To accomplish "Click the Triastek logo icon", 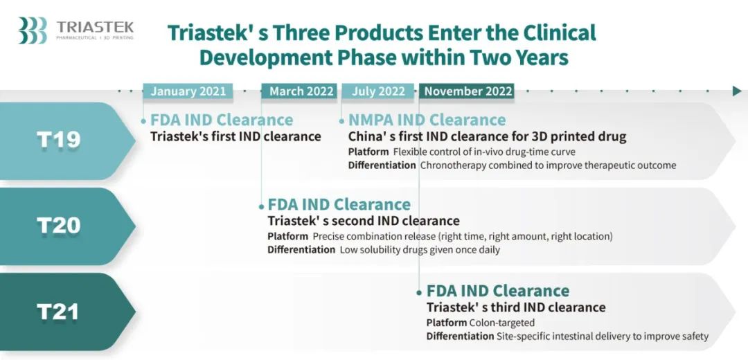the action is point(33,30).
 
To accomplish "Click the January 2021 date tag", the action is point(188,91).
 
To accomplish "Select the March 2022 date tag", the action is point(299,91).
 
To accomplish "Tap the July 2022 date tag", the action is point(378,91).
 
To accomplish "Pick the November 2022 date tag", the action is point(467,91).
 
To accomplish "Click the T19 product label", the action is point(59,140).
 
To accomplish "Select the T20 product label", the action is point(59,226).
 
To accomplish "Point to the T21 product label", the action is point(57,312).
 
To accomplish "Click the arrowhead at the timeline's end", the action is point(737,91).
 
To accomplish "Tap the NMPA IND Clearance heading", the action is point(427,120).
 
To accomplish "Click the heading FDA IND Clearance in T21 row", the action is point(498,291).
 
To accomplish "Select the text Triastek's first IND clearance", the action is point(235,136).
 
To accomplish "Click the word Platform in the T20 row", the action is point(287,237).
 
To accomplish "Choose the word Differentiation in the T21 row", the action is point(461,336).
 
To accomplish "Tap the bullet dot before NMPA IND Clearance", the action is point(341,121).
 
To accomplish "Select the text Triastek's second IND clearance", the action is point(364,222).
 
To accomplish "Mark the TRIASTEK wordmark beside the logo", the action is point(95,26).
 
